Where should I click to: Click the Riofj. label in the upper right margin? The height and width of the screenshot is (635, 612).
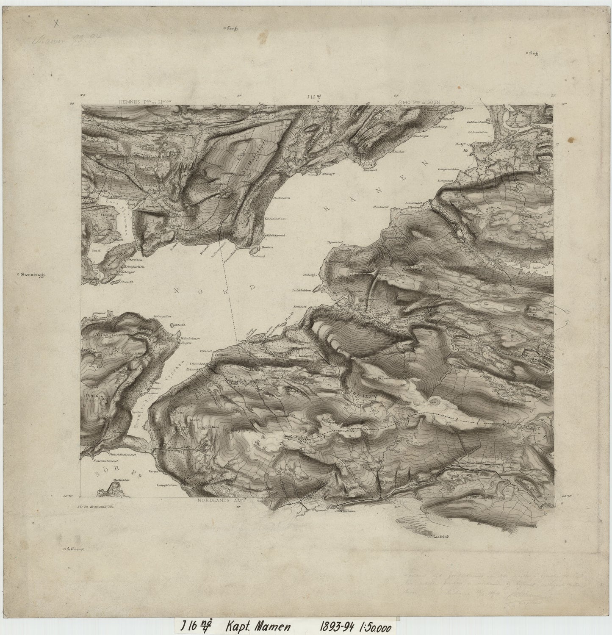tap(536, 53)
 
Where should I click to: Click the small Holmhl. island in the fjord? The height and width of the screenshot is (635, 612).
tap(173, 325)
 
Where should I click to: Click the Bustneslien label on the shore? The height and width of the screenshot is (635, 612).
tap(280, 198)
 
